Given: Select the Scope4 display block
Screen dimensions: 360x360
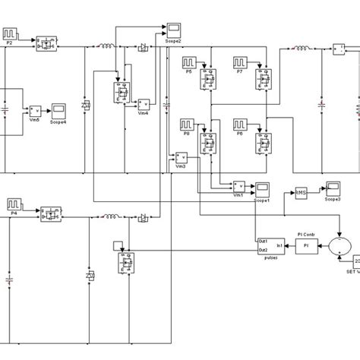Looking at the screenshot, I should click(x=58, y=110).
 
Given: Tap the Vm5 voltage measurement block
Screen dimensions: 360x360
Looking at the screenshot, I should click(x=35, y=112).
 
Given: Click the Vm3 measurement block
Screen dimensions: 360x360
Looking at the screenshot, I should click(x=181, y=157).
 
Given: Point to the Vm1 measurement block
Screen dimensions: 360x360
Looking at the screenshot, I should click(x=239, y=186).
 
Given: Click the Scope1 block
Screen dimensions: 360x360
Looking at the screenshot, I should click(x=264, y=188).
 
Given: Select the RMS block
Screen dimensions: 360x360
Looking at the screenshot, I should click(x=302, y=194).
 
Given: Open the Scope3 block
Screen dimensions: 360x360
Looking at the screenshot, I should click(x=333, y=188).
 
